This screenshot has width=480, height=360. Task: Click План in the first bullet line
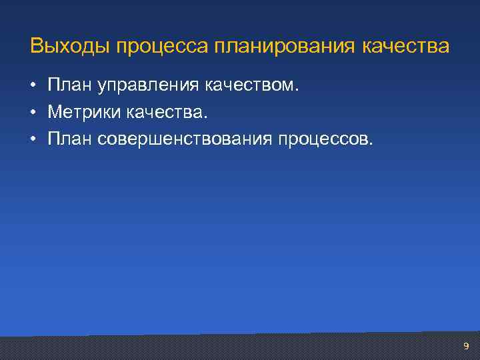[x=70, y=85]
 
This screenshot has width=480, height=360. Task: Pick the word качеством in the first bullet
[x=250, y=85]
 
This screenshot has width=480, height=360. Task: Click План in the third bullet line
[x=70, y=139]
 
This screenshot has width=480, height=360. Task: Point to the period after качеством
[x=299, y=91]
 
